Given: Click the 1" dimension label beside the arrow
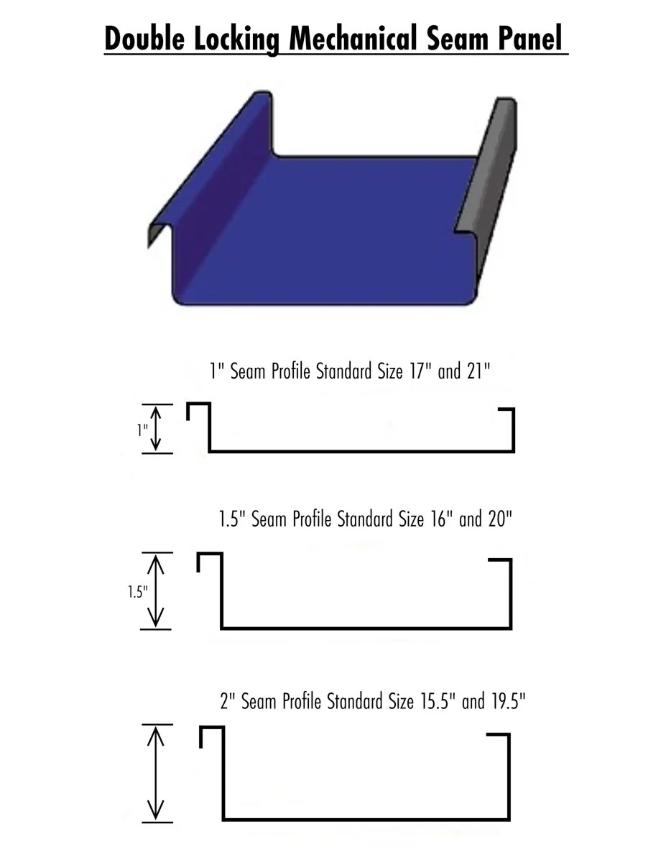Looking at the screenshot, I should [x=142, y=430].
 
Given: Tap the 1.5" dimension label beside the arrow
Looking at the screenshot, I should [x=137, y=592].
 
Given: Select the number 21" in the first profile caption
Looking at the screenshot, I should [x=476, y=372].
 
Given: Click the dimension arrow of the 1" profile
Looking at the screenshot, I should [x=157, y=429].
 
